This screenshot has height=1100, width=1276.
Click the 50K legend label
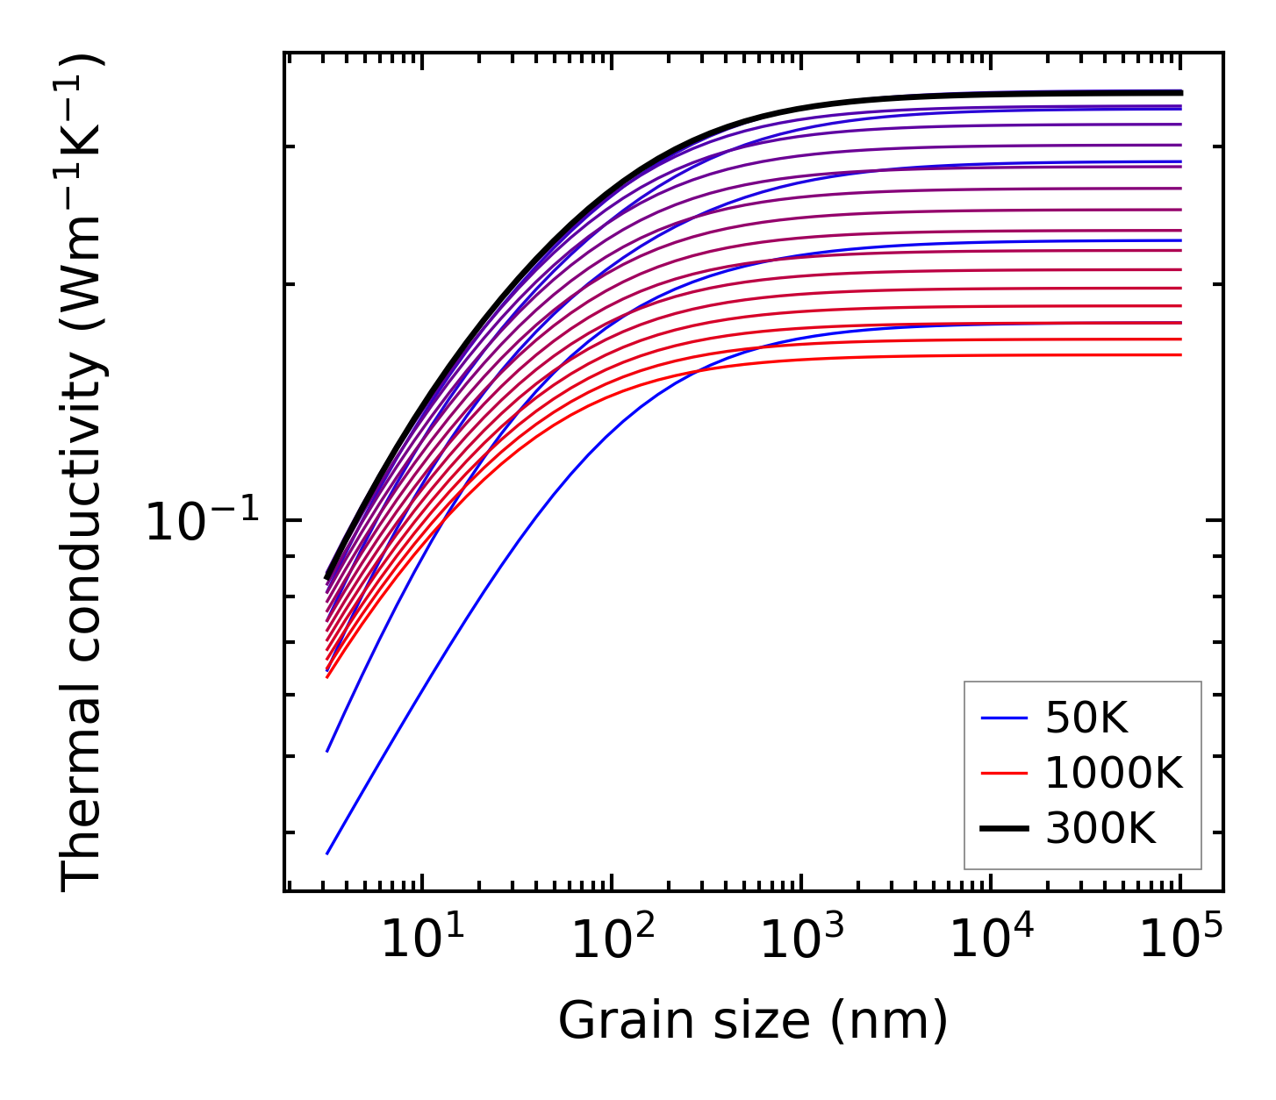click(1086, 719)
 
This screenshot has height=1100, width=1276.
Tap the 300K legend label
click(1100, 828)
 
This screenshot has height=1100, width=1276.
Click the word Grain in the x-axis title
click(609, 1022)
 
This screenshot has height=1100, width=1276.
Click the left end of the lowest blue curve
click(327, 853)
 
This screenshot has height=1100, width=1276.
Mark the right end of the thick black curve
click(1181, 92)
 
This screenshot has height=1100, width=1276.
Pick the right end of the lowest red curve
click(1181, 354)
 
